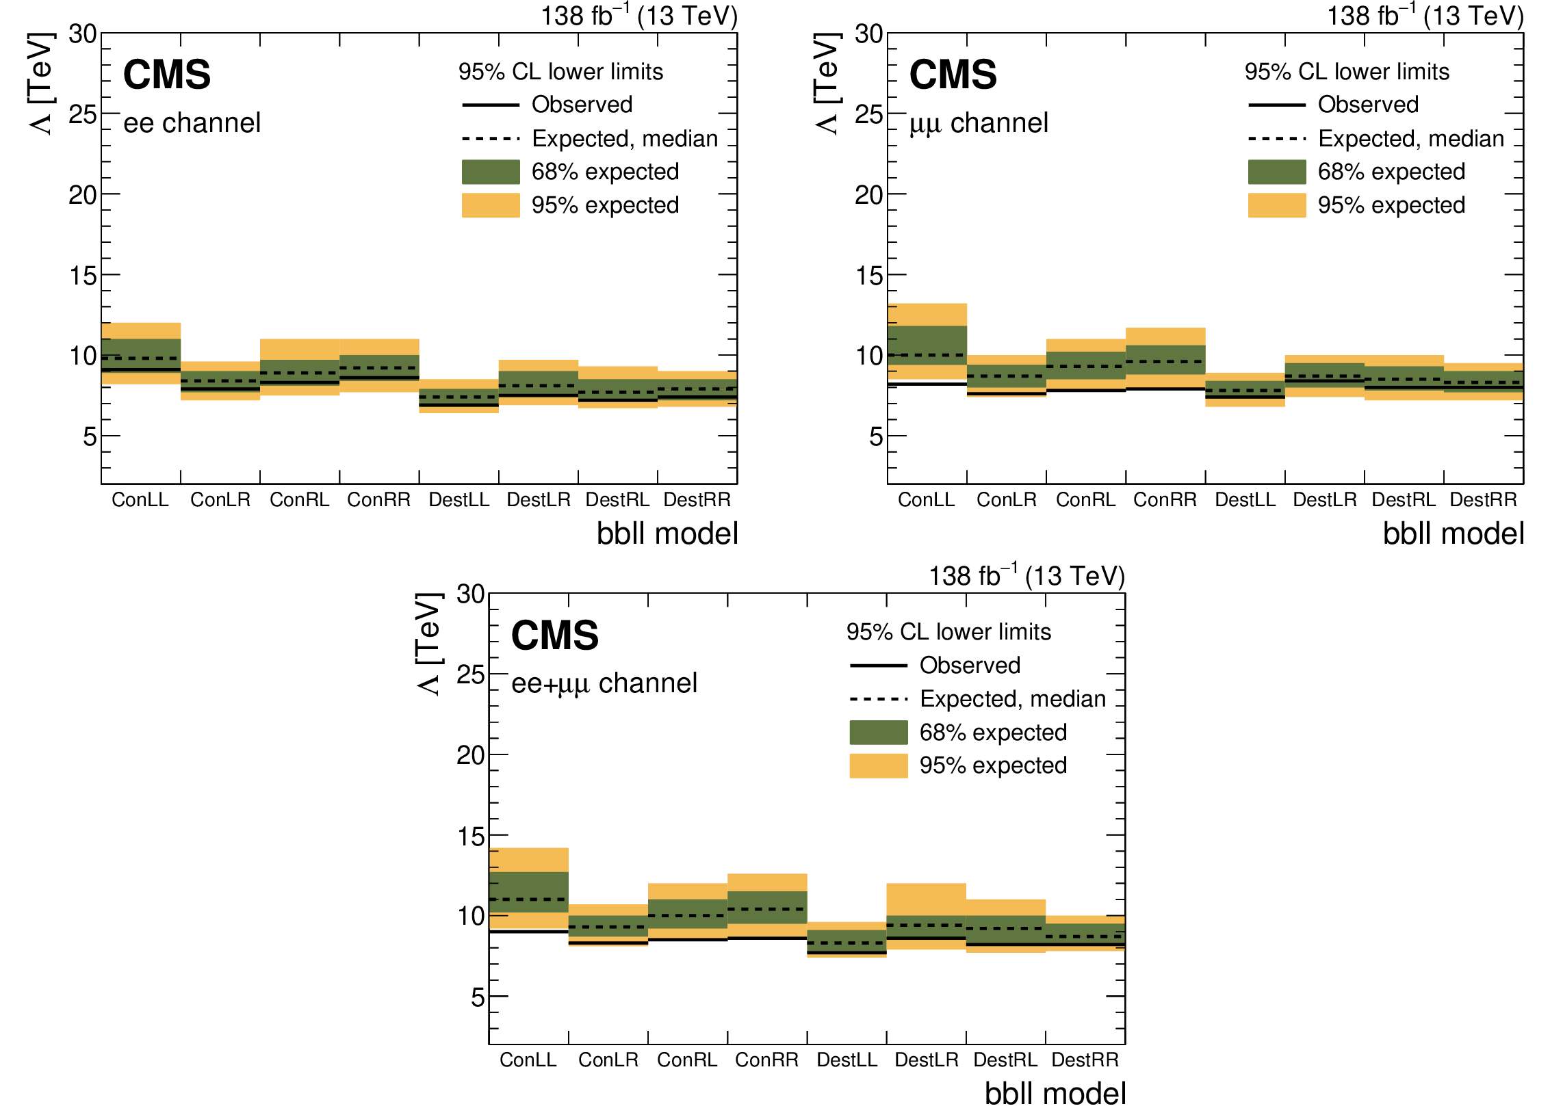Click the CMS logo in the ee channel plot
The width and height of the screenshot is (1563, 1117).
(166, 75)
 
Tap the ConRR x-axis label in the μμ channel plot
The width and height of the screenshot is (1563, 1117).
(1165, 500)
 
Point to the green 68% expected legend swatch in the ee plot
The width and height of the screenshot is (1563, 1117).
(491, 172)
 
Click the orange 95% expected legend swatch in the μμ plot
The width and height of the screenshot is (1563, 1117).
(1276, 206)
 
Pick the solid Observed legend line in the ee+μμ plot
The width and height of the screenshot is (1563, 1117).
(878, 666)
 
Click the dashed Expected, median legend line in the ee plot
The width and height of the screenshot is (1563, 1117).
(491, 139)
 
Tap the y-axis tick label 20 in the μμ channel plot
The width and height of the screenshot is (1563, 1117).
(868, 196)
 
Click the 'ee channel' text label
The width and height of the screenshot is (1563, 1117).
(192, 123)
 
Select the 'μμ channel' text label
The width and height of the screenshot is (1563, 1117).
(979, 123)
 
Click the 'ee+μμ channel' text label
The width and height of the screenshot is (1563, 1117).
(604, 684)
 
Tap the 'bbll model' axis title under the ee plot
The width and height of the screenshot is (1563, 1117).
(667, 534)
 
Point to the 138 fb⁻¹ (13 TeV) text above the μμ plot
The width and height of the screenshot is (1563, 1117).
(1425, 16)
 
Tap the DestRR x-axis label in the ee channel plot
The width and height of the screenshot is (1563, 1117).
(697, 500)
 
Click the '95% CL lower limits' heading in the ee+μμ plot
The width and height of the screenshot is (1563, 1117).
(948, 632)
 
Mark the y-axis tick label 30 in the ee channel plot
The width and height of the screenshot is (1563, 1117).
(83, 34)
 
